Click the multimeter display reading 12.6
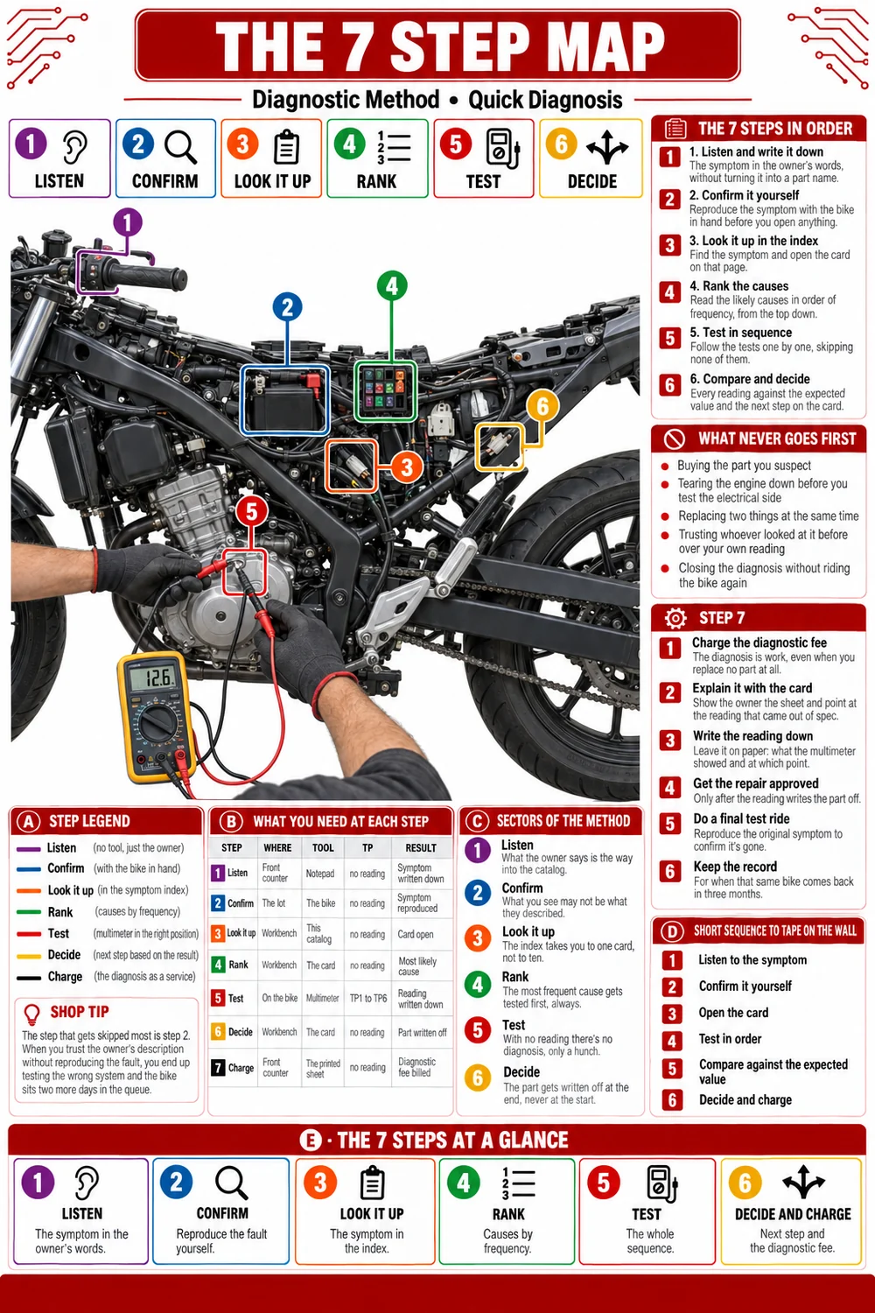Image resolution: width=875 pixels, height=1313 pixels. tap(151, 678)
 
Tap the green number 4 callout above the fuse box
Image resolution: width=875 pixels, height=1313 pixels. tap(392, 285)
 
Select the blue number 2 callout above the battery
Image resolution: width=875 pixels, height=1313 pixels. tap(287, 307)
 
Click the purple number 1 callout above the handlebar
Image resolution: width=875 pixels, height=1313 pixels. tap(128, 222)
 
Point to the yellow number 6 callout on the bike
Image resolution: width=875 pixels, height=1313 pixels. tap(542, 405)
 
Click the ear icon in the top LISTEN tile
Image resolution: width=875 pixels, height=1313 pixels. tap(75, 146)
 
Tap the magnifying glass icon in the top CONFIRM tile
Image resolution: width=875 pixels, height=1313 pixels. tap(180, 146)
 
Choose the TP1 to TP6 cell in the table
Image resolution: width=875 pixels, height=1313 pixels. tap(368, 998)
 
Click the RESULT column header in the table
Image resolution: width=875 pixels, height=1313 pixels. tap(421, 847)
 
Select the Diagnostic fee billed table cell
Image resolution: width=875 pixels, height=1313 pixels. tap(416, 1067)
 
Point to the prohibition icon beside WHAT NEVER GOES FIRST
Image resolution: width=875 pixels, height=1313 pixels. tap(675, 439)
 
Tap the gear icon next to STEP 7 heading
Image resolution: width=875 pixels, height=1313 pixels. tap(675, 618)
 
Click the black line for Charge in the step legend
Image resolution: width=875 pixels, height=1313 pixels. tap(28, 978)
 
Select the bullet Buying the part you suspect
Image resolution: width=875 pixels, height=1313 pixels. tap(745, 466)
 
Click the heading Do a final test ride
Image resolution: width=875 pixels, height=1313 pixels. tap(741, 818)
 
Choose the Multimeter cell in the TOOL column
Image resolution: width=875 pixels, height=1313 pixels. tap(322, 998)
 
